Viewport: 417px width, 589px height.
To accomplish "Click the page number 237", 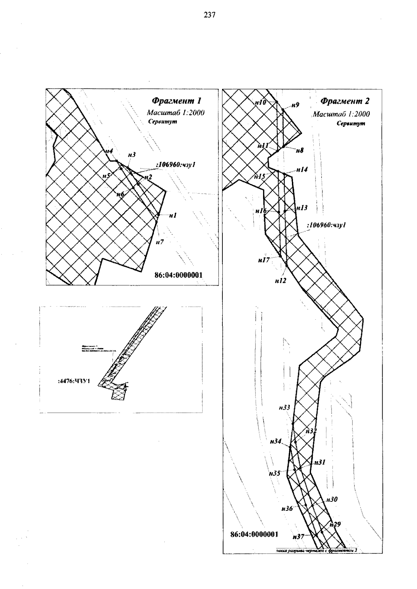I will [210, 15].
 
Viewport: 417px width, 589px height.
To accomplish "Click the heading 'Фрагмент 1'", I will [176, 101].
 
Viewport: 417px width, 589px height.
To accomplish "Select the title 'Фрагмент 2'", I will [345, 101].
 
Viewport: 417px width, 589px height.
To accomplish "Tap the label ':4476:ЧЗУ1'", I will [74, 381].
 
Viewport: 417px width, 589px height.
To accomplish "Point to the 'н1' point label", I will [173, 216].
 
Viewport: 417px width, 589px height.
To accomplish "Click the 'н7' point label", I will [160, 242].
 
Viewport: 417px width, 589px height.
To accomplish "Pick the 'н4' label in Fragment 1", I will [109, 151].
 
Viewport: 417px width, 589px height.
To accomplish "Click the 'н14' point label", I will [302, 170].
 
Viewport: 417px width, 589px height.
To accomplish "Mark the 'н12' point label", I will [280, 280].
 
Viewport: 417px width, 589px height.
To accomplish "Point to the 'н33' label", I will [284, 408].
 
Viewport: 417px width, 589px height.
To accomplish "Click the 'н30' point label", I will [332, 499].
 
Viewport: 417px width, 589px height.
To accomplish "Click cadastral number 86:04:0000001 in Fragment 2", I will [254, 534].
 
